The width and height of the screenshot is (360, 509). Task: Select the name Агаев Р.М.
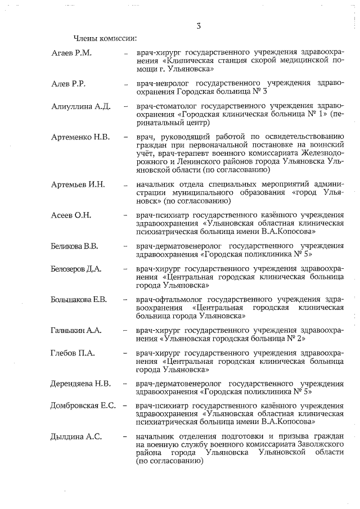[x=71, y=53]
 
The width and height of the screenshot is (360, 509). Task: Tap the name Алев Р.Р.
[x=68, y=83]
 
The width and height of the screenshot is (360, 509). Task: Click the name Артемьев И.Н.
[x=78, y=184]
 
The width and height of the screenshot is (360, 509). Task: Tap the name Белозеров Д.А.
[x=76, y=269]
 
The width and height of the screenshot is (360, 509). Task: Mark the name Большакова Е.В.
[x=79, y=299]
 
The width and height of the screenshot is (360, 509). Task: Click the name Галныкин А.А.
[x=76, y=330]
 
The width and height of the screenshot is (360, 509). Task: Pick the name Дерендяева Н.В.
[x=80, y=384]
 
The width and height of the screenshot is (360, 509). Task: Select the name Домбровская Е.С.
[x=83, y=406]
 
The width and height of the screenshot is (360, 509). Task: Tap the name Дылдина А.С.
[x=75, y=436]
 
